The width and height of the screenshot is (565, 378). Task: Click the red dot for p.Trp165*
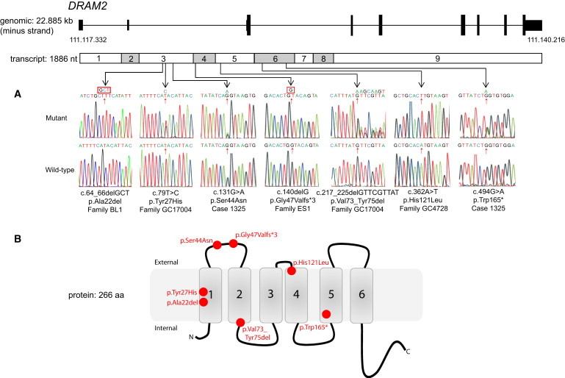(326, 315)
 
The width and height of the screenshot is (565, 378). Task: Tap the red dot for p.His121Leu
(292, 271)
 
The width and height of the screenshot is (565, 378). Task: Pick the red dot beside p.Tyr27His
(204, 292)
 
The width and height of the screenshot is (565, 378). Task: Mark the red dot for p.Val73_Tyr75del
(241, 322)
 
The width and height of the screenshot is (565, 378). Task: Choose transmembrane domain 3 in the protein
(270, 294)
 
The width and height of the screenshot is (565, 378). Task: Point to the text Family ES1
(290, 207)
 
